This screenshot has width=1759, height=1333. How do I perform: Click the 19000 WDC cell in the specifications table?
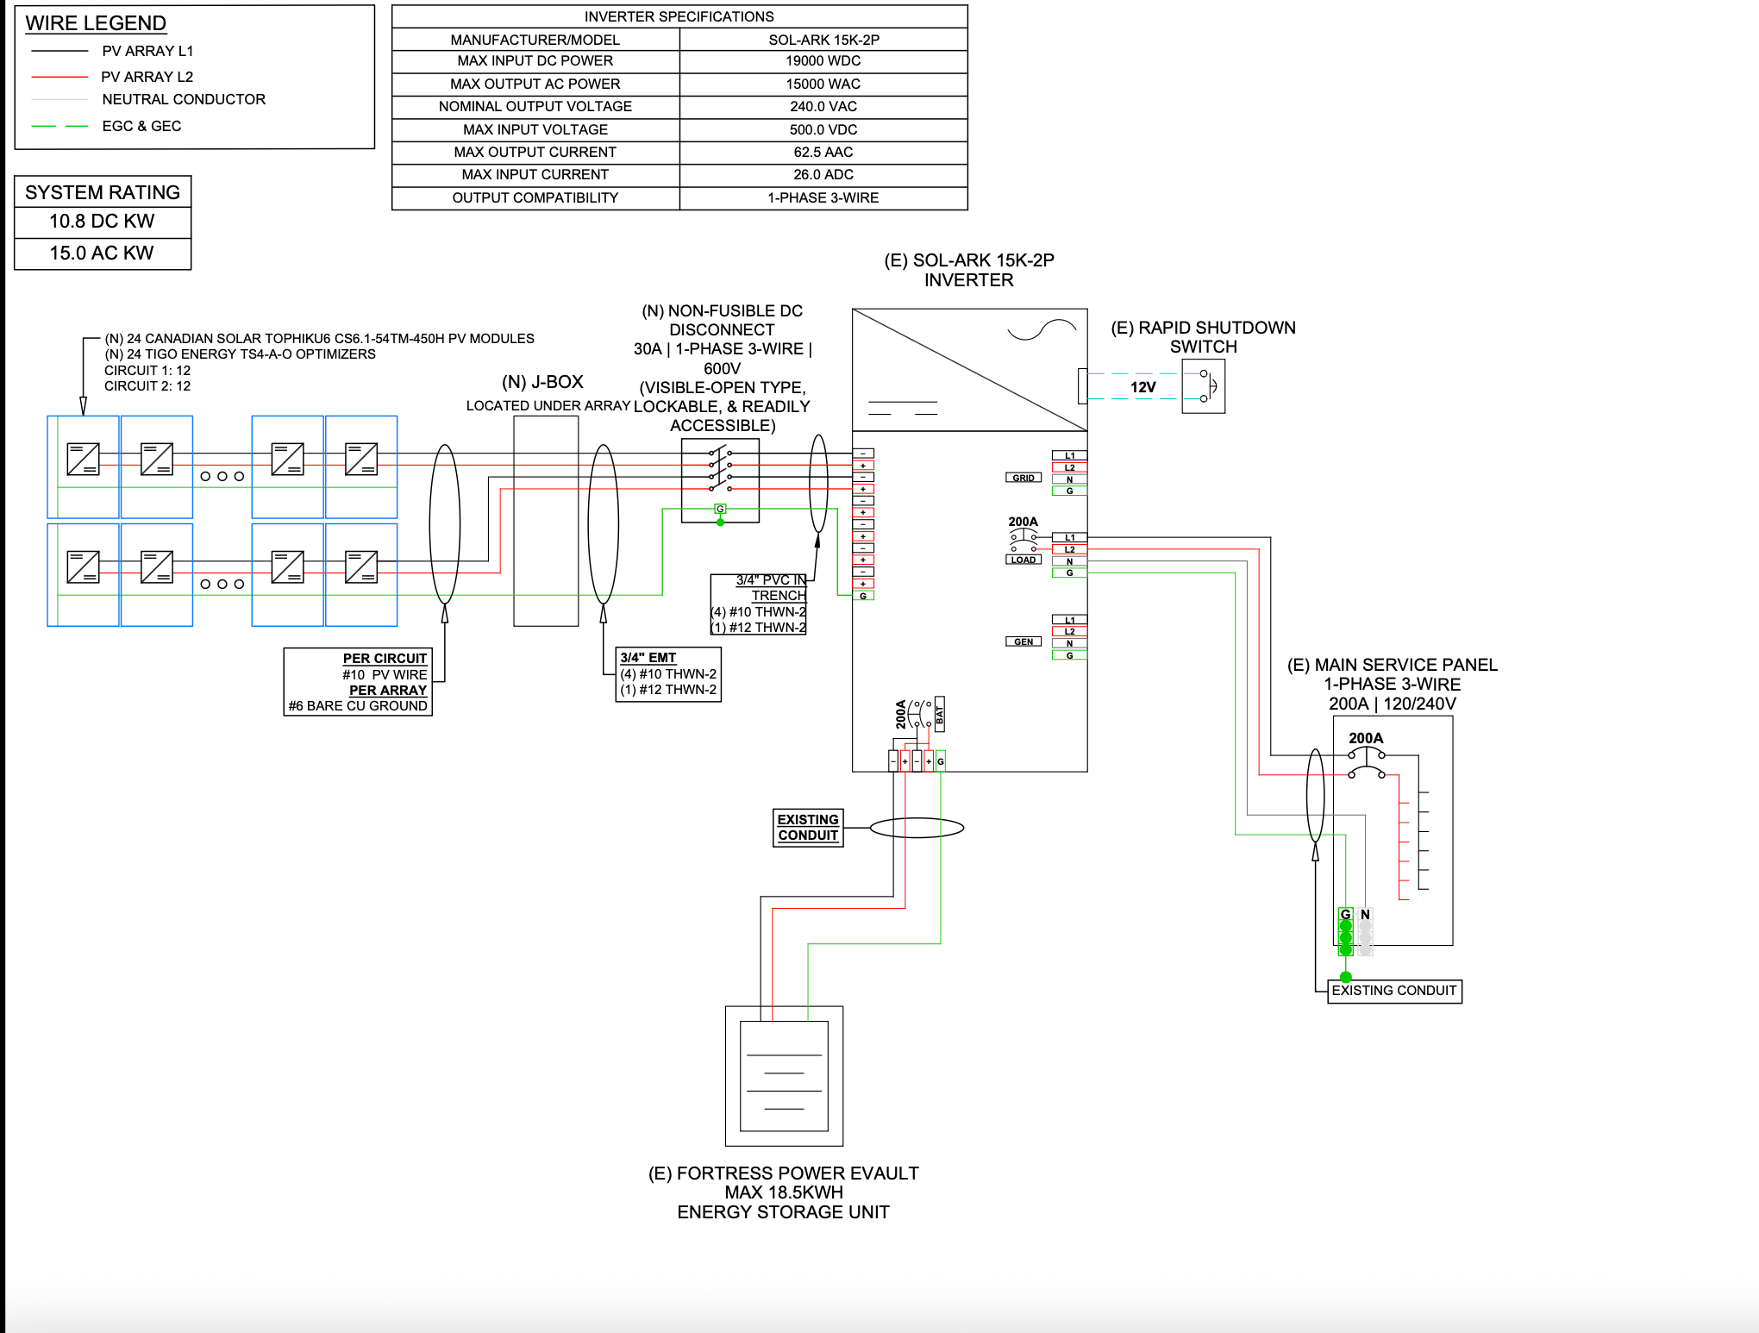[x=823, y=61]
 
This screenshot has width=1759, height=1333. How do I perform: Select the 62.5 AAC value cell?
[x=823, y=153]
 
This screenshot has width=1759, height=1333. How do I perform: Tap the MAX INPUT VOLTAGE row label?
[x=535, y=129]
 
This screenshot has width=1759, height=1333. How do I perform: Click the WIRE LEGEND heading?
[x=96, y=23]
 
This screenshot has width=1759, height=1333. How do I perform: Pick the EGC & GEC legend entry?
[x=141, y=126]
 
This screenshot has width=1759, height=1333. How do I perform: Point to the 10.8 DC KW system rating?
[x=102, y=222]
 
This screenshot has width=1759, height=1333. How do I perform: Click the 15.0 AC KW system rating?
[x=102, y=253]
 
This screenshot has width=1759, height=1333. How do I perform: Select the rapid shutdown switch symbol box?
[x=1203, y=386]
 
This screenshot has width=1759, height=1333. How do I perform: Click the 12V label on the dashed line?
[x=1142, y=387]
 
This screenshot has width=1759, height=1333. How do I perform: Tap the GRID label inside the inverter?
[x=1023, y=478]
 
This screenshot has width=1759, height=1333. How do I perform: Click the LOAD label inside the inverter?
[x=1023, y=560]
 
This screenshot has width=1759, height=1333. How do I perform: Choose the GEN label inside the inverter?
[x=1023, y=641]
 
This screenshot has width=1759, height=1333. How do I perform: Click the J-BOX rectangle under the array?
[x=546, y=521]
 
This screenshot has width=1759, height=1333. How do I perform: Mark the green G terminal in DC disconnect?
[x=720, y=509]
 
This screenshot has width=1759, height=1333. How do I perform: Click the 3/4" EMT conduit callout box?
[x=668, y=673]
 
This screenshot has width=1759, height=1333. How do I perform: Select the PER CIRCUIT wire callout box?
[x=358, y=681]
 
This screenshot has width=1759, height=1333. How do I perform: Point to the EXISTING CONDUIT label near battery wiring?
[x=808, y=828]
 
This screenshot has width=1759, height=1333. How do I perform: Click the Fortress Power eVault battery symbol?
[x=784, y=1075]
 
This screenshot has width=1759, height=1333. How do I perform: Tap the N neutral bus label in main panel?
[x=1365, y=915]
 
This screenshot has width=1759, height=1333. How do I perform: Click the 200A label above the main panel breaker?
[x=1366, y=738]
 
